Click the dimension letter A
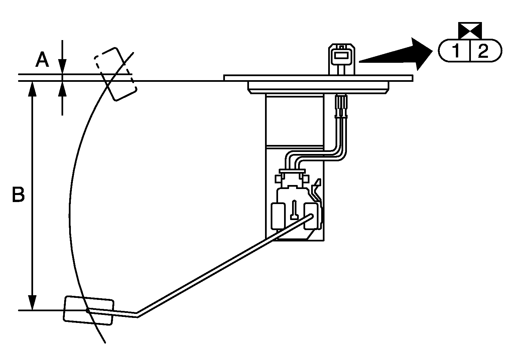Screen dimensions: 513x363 [42, 59]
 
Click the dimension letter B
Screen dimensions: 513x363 [18, 195]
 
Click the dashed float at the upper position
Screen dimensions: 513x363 [115, 74]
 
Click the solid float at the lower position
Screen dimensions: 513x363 [89, 311]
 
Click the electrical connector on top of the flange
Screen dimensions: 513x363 [342, 59]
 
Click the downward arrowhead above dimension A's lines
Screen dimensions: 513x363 [62, 66]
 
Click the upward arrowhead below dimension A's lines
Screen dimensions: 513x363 [62, 88]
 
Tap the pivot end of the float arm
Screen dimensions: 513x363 [311, 216]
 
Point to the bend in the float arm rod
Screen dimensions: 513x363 [137, 315]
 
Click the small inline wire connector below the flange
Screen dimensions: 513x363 [341, 107]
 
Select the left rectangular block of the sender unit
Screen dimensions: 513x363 [278, 216]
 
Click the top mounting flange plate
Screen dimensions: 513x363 [318, 78]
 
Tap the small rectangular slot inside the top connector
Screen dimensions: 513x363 [341, 55]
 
